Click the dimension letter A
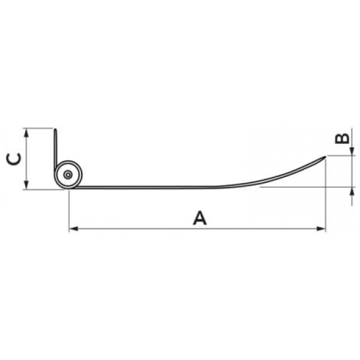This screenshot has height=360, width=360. point(200,218)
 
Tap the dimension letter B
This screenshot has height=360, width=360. point(342,139)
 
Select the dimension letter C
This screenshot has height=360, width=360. point(14,159)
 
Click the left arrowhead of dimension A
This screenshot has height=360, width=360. point(73,229)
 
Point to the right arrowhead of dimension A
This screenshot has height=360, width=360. point(321,229)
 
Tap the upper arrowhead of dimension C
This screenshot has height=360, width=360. point(26,133)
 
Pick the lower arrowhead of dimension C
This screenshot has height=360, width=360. point(26,185)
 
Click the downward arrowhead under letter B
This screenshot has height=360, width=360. point(352,151)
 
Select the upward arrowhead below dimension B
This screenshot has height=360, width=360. point(352,191)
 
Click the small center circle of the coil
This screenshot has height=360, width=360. point(68,175)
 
